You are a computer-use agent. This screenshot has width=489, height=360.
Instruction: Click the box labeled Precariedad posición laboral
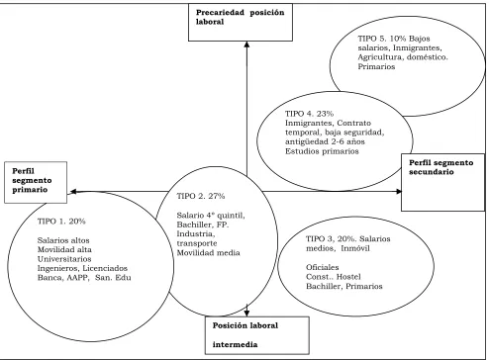tap(241, 23)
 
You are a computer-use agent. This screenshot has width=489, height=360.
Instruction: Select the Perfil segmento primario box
tap(36, 182)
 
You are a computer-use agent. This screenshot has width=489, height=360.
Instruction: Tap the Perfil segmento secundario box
tap(442, 182)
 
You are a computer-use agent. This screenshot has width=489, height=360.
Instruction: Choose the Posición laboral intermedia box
tap(257, 335)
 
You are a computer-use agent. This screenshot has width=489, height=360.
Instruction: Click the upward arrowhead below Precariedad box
tap(246, 45)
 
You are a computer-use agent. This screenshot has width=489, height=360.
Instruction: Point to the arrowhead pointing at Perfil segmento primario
tap(73, 191)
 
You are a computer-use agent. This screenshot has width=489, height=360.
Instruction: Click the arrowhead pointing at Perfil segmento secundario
tap(399, 191)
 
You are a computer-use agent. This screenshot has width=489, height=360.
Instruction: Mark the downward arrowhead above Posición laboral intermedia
tap(246, 314)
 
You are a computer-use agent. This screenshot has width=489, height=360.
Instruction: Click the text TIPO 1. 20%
tap(61, 222)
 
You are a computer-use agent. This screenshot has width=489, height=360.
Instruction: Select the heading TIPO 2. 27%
tap(201, 196)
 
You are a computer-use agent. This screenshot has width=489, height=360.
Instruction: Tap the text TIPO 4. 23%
tap(310, 114)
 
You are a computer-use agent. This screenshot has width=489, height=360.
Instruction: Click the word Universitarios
tap(64, 259)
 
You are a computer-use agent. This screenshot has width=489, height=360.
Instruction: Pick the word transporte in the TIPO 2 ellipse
tap(197, 243)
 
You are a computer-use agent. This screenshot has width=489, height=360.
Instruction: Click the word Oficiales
tap(323, 267)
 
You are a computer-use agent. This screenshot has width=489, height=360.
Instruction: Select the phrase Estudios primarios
tap(322, 151)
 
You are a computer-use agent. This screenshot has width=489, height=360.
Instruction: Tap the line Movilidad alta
tap(64, 249)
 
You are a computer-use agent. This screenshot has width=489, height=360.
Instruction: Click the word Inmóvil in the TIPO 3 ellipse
tap(355, 248)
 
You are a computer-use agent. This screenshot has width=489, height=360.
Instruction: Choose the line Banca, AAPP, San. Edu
tap(84, 278)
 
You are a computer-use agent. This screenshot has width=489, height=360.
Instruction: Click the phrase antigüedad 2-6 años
tap(325, 141)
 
